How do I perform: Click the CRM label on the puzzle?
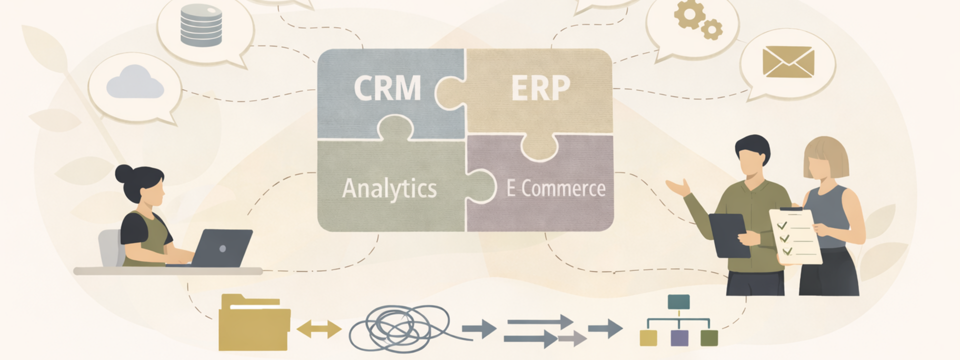387,88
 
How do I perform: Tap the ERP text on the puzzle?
540,88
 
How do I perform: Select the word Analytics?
389,189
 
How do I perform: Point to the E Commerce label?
555,189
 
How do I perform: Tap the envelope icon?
788,62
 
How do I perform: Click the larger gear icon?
688,14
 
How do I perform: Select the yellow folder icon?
254,323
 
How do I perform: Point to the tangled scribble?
400,328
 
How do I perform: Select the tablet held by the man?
729,235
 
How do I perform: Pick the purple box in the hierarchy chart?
679,338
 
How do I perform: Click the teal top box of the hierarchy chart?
678,301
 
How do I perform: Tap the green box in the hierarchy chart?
709,338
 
